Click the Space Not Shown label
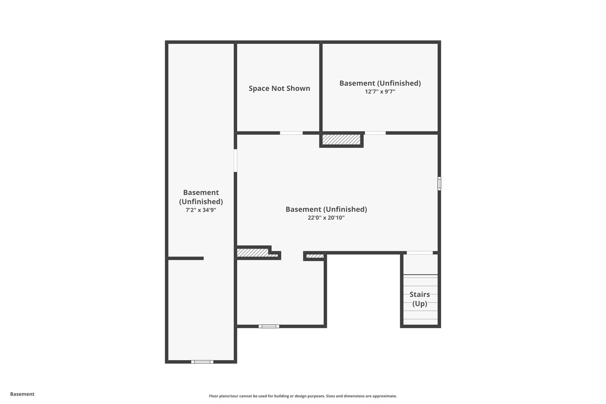[279, 89]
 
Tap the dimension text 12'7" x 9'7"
[380, 92]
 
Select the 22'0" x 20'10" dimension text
[326, 218]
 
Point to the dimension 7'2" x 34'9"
[201, 210]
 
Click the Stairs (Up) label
[420, 299]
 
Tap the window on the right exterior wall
[439, 183]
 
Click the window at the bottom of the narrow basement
[202, 362]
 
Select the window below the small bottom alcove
[269, 326]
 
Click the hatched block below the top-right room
[341, 140]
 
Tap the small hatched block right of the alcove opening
[315, 256]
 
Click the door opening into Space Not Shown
[291, 133]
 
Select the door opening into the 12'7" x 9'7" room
[375, 133]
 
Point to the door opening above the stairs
[420, 253]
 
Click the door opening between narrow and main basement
[235, 160]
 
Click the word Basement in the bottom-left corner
[22, 394]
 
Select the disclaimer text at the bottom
[303, 396]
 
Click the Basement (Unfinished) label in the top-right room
[380, 83]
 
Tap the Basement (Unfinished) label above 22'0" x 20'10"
[326, 209]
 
